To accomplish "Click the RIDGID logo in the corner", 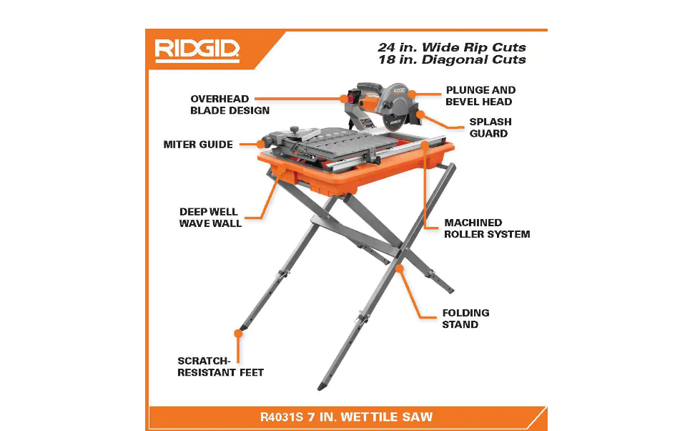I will tap(197, 50).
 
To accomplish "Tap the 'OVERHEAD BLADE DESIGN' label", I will tap(230, 105).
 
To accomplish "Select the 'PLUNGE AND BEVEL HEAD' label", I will tap(480, 96).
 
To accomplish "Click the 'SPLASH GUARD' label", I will tap(490, 127).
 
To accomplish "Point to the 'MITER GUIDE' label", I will tap(198, 145).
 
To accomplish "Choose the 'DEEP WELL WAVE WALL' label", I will tap(210, 218).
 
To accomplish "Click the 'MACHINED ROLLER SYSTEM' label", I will tap(487, 228).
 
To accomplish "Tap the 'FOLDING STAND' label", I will tap(465, 319).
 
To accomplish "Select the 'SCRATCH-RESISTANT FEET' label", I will tap(220, 367).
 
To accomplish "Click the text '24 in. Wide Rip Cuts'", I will tap(451, 47).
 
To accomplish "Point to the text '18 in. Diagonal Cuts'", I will tap(451, 60).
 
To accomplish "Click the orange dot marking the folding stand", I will tap(400, 268).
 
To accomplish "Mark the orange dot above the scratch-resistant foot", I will tap(238, 332).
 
